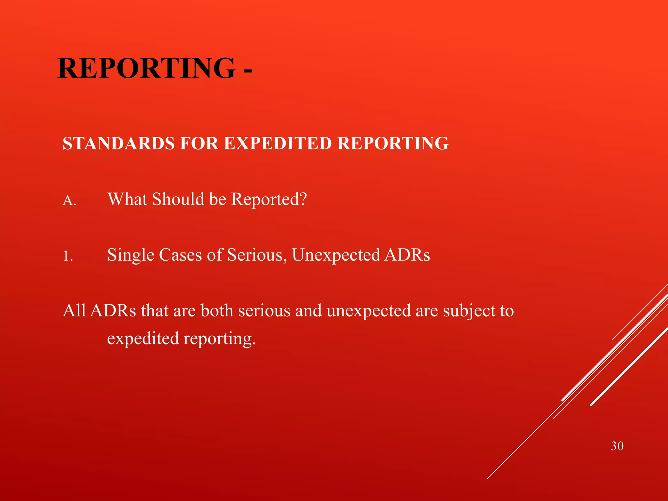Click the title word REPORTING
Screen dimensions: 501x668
click(146, 68)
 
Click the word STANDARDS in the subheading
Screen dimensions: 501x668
click(119, 144)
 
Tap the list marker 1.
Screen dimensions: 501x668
click(68, 257)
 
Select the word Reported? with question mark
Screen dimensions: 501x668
click(269, 200)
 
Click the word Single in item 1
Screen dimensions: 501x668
click(130, 255)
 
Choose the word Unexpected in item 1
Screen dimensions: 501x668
click(336, 255)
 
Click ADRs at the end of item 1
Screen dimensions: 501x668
click(407, 255)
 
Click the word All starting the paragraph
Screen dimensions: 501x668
click(74, 310)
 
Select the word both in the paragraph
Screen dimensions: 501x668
click(217, 310)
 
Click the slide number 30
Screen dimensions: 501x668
click(617, 446)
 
